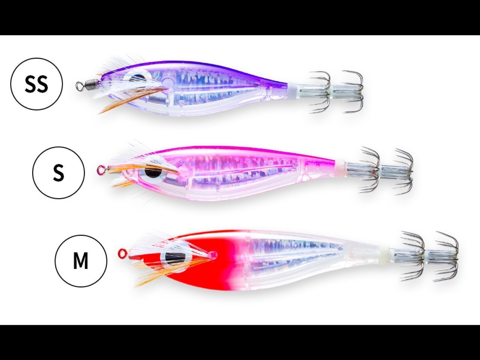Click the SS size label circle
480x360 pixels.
[36, 84]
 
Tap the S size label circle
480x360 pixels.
[58, 172]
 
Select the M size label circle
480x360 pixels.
[81, 261]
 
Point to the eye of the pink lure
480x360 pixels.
[153, 172]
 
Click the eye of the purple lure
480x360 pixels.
[139, 78]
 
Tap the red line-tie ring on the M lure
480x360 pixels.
[122, 253]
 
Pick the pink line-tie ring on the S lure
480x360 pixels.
[100, 170]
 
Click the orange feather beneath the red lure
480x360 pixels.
[150, 277]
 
